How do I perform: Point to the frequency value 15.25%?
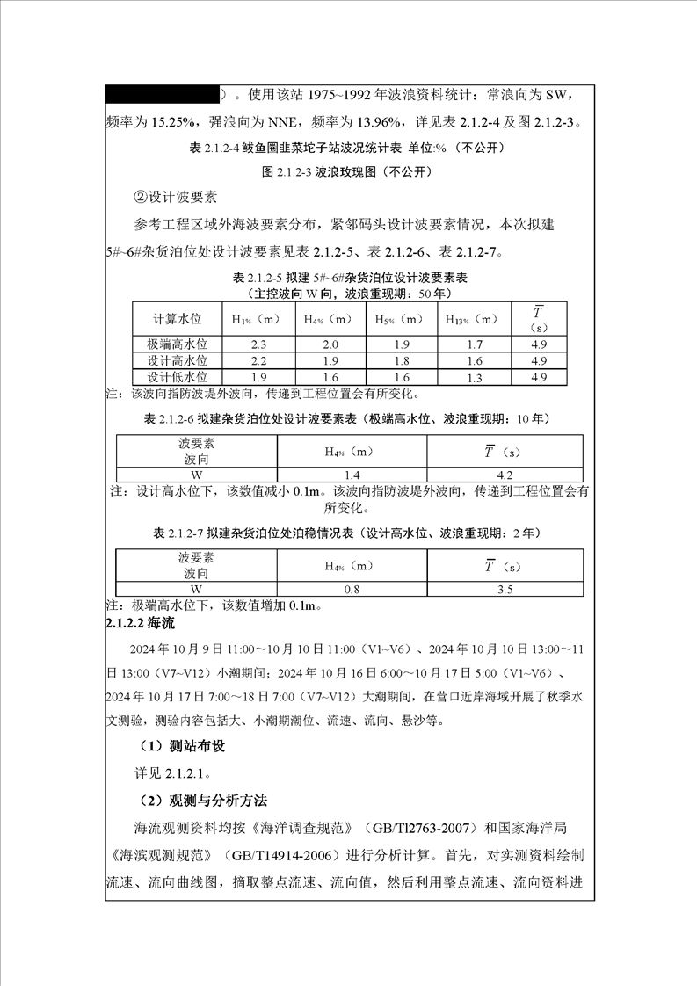[x=177, y=121]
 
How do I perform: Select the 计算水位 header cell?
[x=178, y=319]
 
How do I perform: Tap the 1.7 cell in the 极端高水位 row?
[x=475, y=344]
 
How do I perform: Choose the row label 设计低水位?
[x=178, y=377]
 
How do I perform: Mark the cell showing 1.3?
[x=475, y=377]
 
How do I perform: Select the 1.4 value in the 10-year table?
[x=352, y=475]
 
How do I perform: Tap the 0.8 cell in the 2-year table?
[x=352, y=589]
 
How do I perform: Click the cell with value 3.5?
[x=505, y=589]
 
